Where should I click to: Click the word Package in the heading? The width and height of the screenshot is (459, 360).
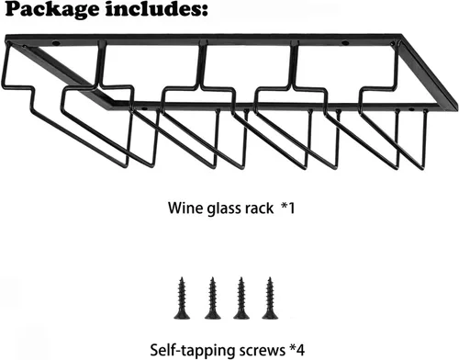[x=52, y=10]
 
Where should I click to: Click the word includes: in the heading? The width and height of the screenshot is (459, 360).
[x=157, y=9]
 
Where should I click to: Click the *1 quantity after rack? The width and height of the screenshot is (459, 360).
[x=288, y=208]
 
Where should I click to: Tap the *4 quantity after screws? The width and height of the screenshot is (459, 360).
[x=297, y=349]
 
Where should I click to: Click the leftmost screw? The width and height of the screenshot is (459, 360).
[x=182, y=298]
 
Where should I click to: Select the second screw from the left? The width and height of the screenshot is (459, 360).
[x=212, y=298]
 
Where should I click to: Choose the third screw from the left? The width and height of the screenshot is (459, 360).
[x=241, y=298]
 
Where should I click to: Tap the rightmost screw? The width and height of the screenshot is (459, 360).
[x=270, y=298]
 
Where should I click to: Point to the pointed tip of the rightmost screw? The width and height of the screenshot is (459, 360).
[x=270, y=277]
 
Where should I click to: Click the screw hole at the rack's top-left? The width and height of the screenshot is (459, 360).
[x=56, y=43]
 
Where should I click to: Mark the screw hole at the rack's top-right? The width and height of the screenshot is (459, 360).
[x=345, y=42]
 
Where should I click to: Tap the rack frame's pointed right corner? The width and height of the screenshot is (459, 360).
[x=457, y=106]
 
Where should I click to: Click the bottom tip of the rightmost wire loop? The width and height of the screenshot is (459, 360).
[x=422, y=168]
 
